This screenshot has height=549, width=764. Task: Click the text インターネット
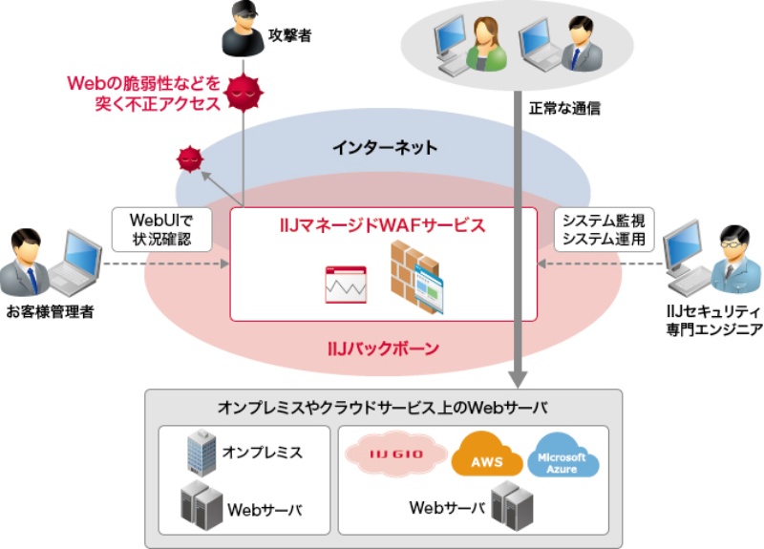[385, 147]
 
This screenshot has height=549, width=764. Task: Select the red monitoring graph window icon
[345, 285]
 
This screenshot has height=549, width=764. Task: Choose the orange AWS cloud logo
[488, 454]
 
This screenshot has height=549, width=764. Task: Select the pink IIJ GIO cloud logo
[394, 452]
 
